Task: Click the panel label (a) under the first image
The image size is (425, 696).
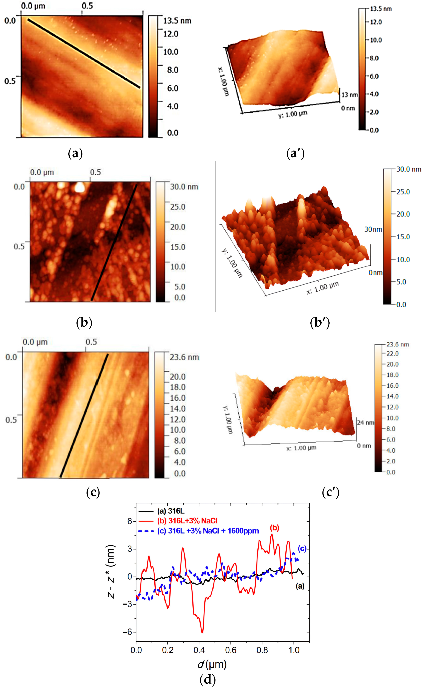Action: pos(75,153)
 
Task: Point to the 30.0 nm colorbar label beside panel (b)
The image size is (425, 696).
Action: pos(184,187)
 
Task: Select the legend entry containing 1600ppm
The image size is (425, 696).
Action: pos(208,531)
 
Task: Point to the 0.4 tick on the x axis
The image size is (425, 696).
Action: pos(199,650)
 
